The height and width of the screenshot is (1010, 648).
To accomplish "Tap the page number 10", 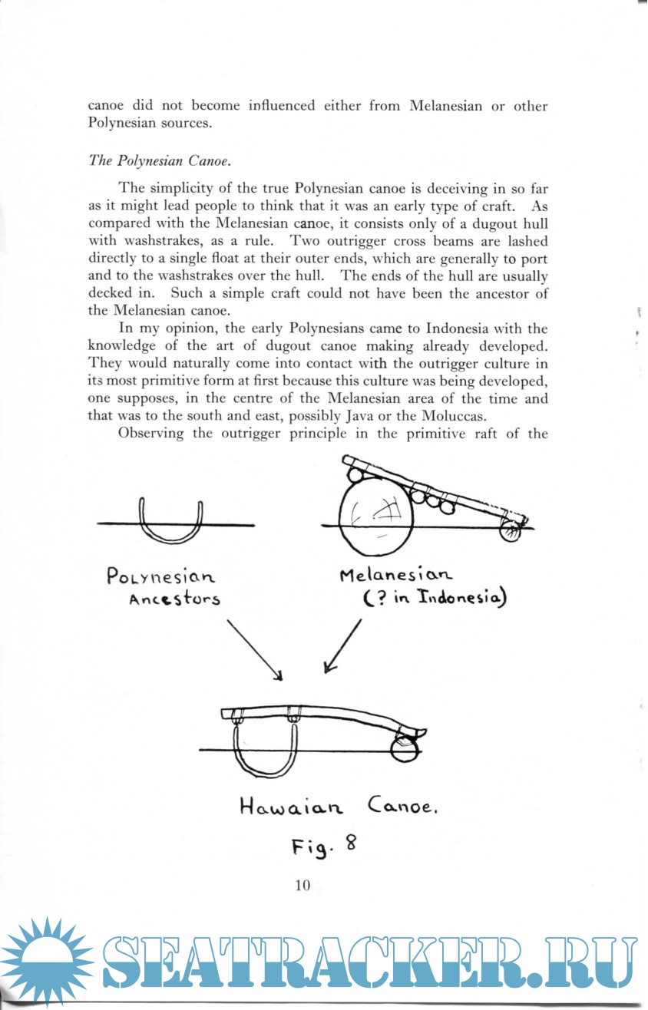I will point(302,886).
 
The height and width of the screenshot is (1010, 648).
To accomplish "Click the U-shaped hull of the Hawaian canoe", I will point(266,753).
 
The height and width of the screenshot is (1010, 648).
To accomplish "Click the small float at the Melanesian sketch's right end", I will point(508,530).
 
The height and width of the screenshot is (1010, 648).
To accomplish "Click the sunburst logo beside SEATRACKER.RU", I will point(46,962).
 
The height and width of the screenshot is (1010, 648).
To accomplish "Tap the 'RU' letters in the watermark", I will point(591,962).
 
